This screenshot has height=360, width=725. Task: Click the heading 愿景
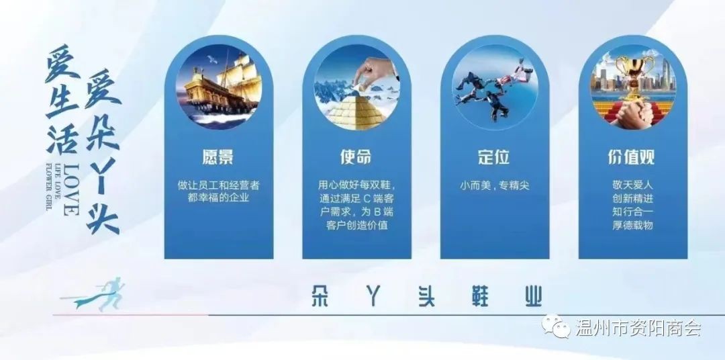pyautogui.click(x=218, y=157)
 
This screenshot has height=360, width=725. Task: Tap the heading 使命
pyautogui.click(x=356, y=157)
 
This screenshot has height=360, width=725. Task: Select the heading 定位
pyautogui.click(x=494, y=157)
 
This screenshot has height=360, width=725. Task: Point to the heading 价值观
pyautogui.click(x=632, y=157)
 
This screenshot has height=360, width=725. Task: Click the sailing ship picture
pyautogui.click(x=219, y=87)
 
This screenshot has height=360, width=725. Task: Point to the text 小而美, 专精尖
pyautogui.click(x=494, y=186)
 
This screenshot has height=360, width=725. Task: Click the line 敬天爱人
pyautogui.click(x=632, y=186)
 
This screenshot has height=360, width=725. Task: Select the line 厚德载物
pyautogui.click(x=632, y=226)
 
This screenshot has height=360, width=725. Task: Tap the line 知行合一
pyautogui.click(x=632, y=212)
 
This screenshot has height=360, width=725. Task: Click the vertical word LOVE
pyautogui.click(x=70, y=189)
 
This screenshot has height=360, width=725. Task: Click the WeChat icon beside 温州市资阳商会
pyautogui.click(x=557, y=326)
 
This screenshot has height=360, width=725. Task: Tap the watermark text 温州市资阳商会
pyautogui.click(x=638, y=328)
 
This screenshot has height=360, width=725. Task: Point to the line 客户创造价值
pyautogui.click(x=356, y=226)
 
